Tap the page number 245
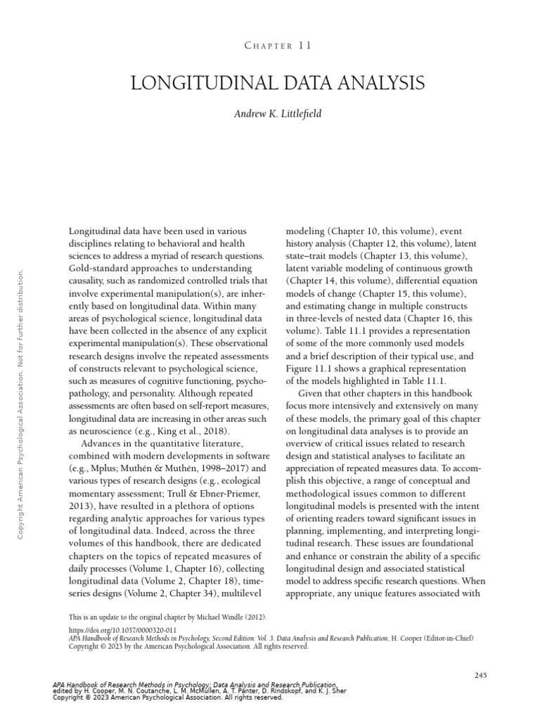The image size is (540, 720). click(x=481, y=676)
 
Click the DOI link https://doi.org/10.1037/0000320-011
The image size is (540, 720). click(x=122, y=630)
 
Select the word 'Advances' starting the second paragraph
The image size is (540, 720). click(x=102, y=445)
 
